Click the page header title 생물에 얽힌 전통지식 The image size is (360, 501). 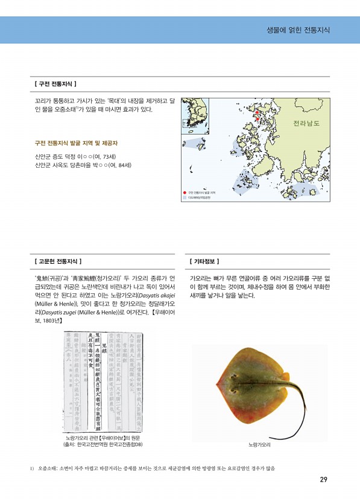pos(298,30)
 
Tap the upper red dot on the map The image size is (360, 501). pos(256,113)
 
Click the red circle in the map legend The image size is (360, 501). pos(185,192)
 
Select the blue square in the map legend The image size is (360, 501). pos(185,197)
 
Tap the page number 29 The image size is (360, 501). pos(323,480)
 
